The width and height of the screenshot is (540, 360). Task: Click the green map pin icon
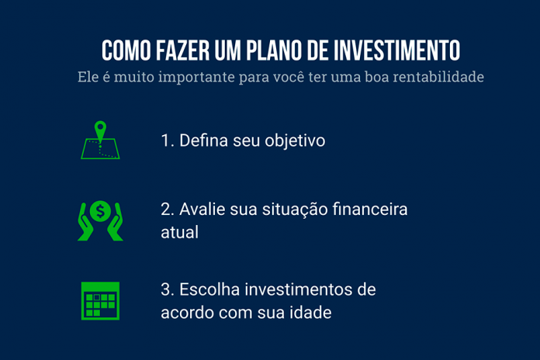click(99, 130)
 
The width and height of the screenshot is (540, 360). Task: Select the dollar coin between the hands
click(100, 209)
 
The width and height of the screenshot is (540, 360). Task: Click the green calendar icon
click(100, 301)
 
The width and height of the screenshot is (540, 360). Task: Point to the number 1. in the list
click(167, 141)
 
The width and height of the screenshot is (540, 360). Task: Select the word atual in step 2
click(180, 232)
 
